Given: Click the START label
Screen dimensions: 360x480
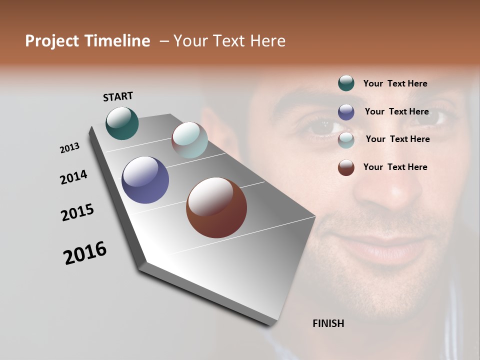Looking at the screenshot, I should (x=118, y=96).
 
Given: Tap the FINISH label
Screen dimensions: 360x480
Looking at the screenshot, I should (x=328, y=323).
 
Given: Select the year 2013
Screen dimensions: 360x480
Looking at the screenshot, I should (x=70, y=148).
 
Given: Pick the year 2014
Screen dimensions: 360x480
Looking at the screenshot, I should (x=73, y=177).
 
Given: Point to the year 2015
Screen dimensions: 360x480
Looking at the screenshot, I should (x=77, y=212).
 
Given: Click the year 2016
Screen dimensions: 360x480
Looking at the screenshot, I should (x=85, y=253).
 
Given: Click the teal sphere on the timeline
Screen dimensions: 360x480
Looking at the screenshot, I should (x=122, y=123).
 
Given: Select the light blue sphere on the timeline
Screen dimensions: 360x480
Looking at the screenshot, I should (x=189, y=140).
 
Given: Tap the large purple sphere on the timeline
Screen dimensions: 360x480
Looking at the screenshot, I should (x=145, y=180).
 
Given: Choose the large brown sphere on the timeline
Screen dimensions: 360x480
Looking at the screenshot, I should (x=216, y=207).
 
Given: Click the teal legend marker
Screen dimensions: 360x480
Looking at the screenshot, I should (x=346, y=83).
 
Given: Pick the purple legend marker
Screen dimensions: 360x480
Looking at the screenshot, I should (x=346, y=112).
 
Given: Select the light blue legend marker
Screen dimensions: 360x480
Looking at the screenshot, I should (x=346, y=140).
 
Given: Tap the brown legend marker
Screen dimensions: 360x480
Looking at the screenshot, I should (x=346, y=167).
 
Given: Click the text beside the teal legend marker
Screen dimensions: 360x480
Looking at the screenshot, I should (x=395, y=83).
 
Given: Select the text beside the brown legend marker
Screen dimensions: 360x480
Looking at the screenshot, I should (x=395, y=167).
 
